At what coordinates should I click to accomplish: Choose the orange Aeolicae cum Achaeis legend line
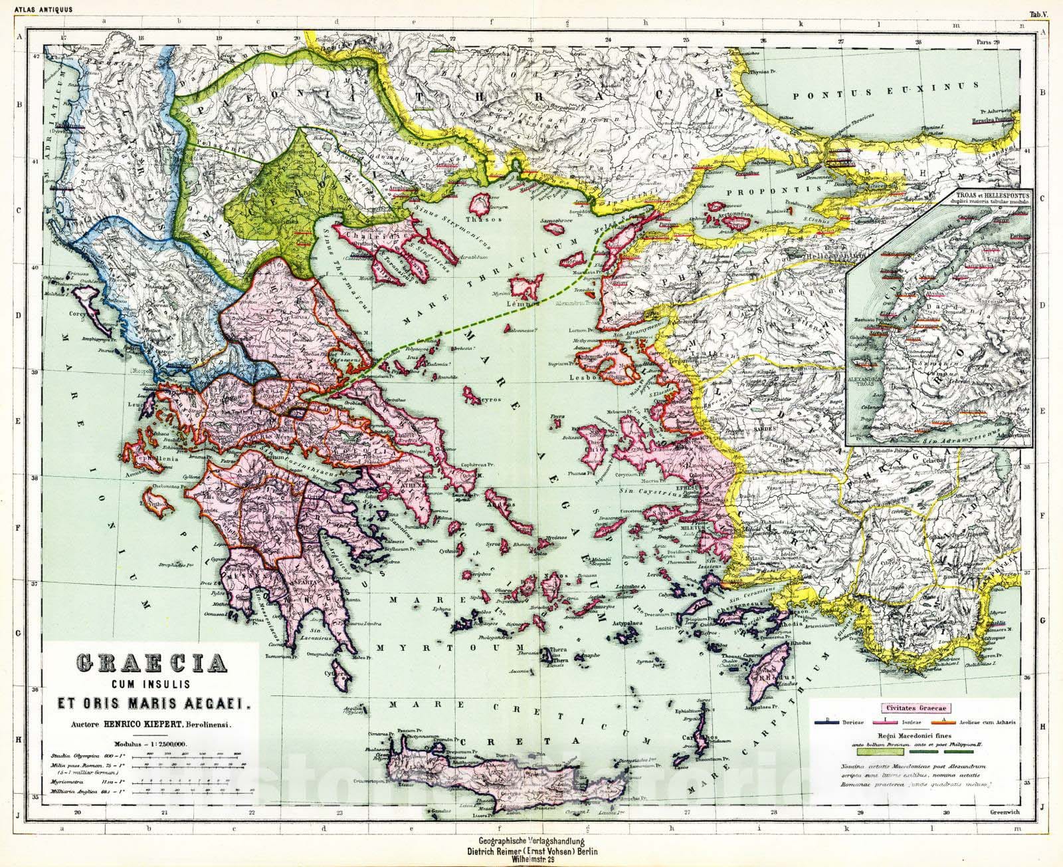[937, 721]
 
